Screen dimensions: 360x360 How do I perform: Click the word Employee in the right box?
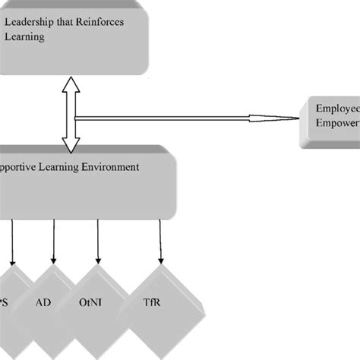click(337, 108)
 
